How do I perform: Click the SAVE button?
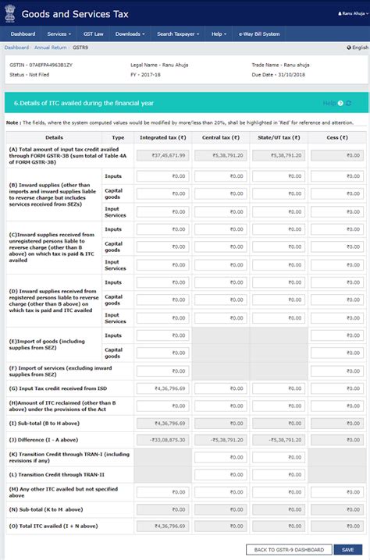pyautogui.click(x=348, y=549)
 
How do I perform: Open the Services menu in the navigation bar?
pyautogui.click(x=59, y=34)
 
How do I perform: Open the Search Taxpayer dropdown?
pyautogui.click(x=178, y=34)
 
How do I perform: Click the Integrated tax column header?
pyautogui.click(x=162, y=137)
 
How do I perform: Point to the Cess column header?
pyautogui.click(x=336, y=137)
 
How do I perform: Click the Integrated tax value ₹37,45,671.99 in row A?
pyautogui.click(x=162, y=155)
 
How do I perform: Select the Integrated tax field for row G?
pyautogui.click(x=162, y=388)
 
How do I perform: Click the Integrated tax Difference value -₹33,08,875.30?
pyautogui.click(x=162, y=440)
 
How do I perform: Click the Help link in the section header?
pyautogui.click(x=329, y=103)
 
